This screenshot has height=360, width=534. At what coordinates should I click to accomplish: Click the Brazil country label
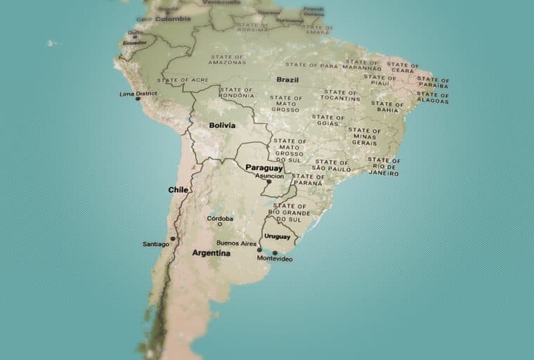coord(287,79)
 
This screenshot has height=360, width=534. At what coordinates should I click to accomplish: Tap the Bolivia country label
coord(222,125)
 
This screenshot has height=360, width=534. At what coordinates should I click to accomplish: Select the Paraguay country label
coord(263,168)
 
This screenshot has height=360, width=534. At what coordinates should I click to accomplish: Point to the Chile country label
coord(178,190)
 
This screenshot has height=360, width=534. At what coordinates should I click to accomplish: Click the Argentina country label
coord(211,252)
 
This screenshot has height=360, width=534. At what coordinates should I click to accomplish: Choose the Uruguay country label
coord(277,236)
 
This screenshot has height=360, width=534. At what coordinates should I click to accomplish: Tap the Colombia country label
coord(173,19)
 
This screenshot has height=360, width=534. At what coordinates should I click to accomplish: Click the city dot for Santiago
coord(173,238)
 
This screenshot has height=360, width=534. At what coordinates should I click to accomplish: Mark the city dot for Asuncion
coord(268,181)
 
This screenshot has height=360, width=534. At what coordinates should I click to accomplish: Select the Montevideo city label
coord(275,259)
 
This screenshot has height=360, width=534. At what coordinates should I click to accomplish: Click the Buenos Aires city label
coord(236,243)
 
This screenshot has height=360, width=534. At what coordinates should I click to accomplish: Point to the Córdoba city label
coord(220,219)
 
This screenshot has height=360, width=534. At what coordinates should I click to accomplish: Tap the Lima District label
coord(138,94)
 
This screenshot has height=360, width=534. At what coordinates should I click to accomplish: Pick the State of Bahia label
coord(389,106)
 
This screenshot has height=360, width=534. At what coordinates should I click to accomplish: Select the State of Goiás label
coord(328,120)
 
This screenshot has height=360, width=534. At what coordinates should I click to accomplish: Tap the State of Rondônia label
coord(236,93)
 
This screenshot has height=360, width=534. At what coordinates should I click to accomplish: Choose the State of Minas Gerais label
coord(364,136)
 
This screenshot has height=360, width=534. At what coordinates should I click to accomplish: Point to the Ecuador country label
coord(134,41)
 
